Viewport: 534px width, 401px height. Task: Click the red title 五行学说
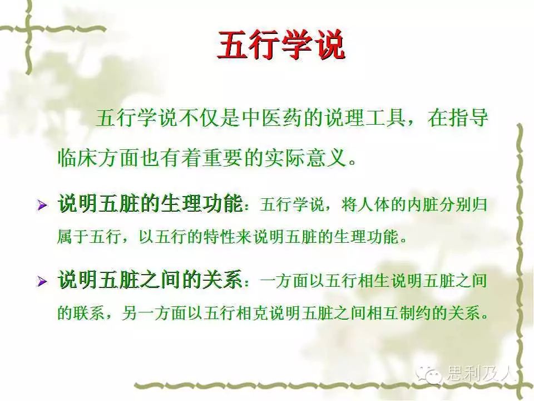[x=280, y=45]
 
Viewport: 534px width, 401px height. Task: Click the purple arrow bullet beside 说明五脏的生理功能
[x=42, y=205]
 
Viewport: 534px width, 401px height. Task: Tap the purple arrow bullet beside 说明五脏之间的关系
[x=42, y=281]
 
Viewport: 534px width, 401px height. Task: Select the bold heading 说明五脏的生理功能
[x=150, y=204]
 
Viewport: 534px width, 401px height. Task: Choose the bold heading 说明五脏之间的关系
[x=150, y=281]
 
